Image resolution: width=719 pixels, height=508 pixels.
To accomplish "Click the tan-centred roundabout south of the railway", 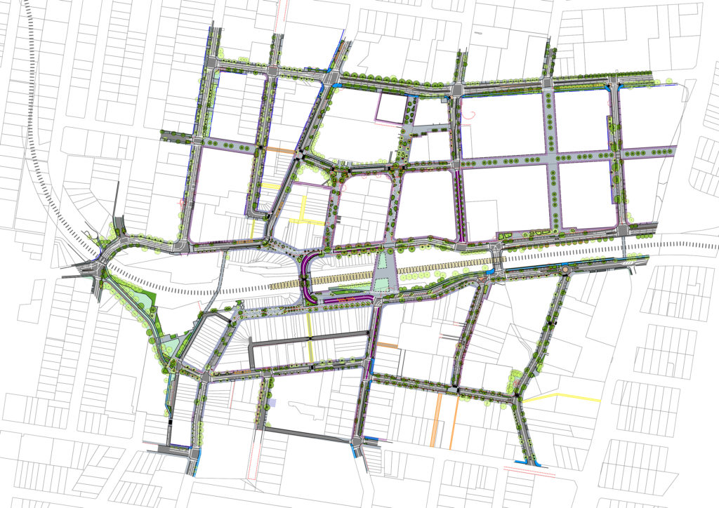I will point(566,268).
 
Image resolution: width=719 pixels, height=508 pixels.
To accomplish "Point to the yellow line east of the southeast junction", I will point(562,399).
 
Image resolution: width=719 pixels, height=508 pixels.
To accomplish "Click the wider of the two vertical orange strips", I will point(440,419).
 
